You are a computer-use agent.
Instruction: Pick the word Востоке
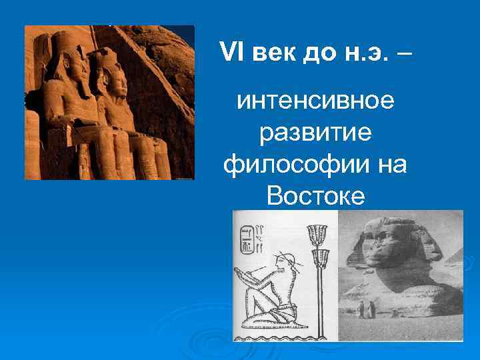[315, 195]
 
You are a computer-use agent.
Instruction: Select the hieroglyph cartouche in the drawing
[247, 240]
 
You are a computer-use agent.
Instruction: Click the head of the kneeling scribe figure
[287, 260]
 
